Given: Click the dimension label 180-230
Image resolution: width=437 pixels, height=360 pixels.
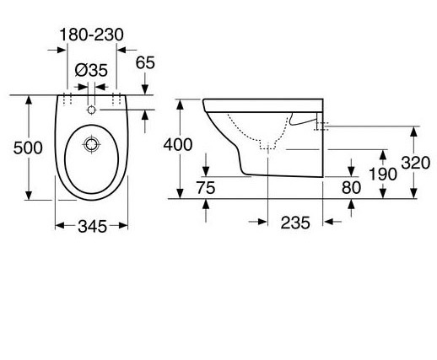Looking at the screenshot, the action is [92, 35].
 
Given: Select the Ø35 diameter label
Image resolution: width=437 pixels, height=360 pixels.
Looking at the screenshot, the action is [91, 70].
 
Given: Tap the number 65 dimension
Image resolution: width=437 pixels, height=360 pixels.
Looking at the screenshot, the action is [145, 62].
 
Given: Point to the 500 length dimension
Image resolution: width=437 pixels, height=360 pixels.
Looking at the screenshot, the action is [28, 148].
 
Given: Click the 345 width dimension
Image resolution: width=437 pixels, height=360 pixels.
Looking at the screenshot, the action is [92, 226].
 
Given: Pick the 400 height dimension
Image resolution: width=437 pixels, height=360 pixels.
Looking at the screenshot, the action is [178, 145].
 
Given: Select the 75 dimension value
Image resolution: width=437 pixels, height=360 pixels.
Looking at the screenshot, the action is [206, 188].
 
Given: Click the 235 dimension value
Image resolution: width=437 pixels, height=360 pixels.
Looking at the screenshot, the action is [295, 223].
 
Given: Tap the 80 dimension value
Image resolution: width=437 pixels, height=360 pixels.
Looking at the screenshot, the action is [351, 188].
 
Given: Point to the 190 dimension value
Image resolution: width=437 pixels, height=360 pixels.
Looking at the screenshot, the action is [383, 174].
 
